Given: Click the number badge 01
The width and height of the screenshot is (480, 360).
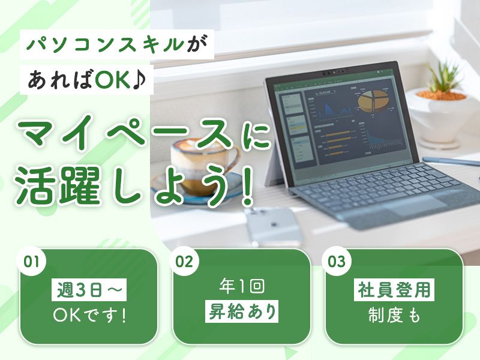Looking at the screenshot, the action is coord(32,262).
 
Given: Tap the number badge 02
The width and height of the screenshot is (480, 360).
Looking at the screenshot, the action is coord(184,262).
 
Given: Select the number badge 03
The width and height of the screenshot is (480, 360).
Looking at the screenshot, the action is coord(337,262).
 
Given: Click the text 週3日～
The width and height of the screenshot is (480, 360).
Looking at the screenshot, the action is coord(89,290).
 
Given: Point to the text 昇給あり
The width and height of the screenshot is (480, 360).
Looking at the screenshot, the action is coord(242,312).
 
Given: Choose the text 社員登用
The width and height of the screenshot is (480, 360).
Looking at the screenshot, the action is coord(394,290).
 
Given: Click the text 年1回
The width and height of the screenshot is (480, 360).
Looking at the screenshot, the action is coord(242,287).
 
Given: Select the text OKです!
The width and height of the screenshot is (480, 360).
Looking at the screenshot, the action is coord(89,316).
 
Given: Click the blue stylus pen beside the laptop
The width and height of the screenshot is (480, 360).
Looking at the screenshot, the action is coord(451,161).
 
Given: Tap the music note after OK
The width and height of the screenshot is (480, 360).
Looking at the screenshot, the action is coord(140,80).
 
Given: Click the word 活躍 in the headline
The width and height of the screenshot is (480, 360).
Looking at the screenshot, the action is coord(58,186).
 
